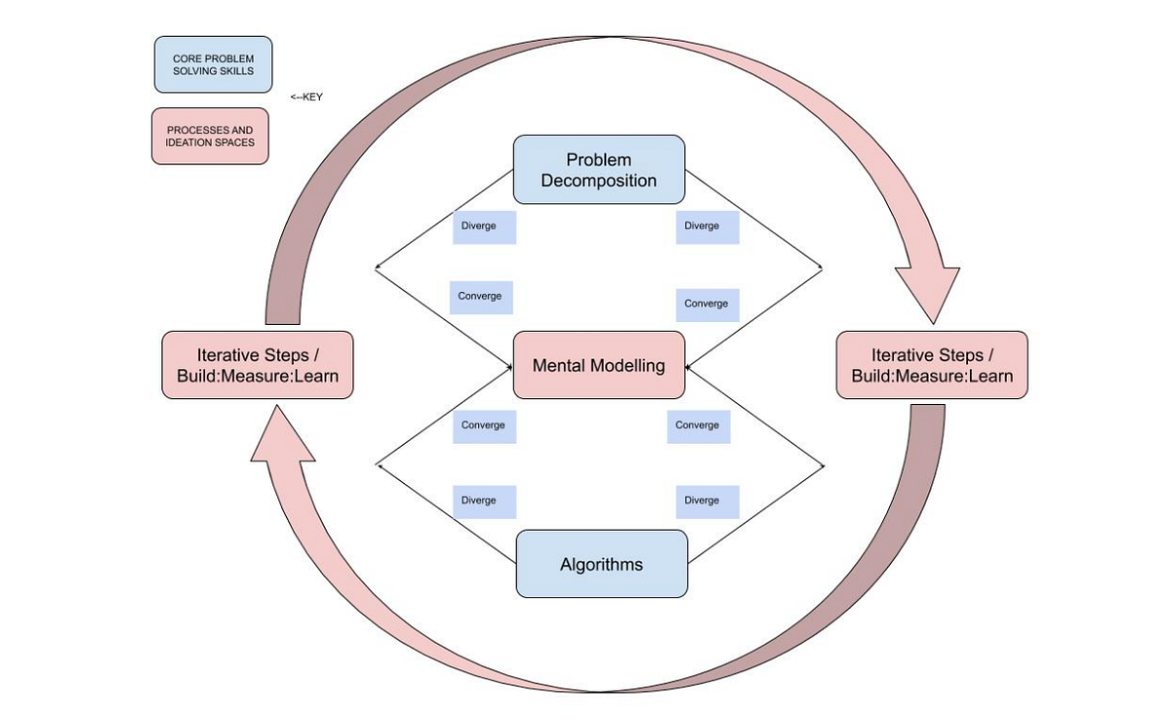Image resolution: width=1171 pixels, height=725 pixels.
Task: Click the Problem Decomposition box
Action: tap(598, 170)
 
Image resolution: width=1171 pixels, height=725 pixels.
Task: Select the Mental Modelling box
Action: tap(598, 365)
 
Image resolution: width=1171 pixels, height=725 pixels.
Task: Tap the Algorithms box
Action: tap(601, 564)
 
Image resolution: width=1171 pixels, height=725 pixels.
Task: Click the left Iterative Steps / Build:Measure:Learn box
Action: tap(257, 365)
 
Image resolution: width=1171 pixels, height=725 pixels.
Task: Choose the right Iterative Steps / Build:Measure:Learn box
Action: tap(931, 365)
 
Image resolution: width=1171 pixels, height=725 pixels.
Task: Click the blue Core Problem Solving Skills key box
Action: tap(213, 64)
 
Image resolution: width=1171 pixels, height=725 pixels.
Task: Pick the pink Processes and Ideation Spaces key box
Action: tap(210, 136)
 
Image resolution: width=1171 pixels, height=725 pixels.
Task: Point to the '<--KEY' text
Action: tap(305, 97)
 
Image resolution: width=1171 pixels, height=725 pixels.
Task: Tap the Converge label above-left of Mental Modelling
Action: tap(481, 297)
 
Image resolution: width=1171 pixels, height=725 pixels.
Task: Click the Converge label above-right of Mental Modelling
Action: tap(707, 303)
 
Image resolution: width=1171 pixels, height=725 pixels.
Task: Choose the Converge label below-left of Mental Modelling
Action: tap(484, 425)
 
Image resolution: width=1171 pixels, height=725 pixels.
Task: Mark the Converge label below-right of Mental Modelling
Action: tap(698, 425)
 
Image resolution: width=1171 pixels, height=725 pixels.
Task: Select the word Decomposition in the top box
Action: tap(598, 181)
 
